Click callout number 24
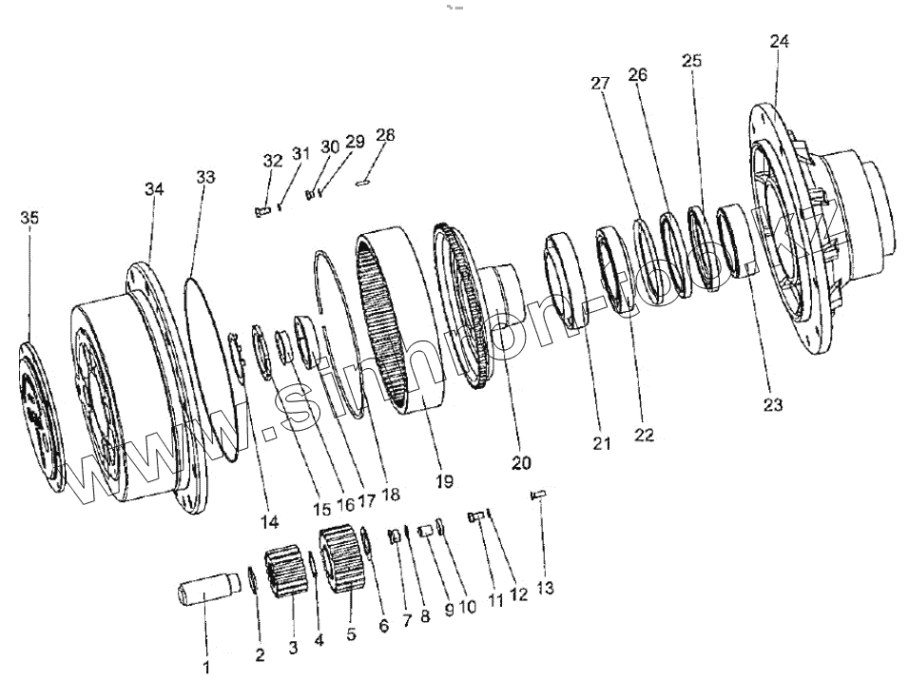click(x=780, y=42)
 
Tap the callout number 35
click(x=29, y=219)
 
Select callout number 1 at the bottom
click(x=206, y=668)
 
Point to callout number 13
click(x=544, y=589)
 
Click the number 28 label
click(x=384, y=136)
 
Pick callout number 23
click(x=772, y=405)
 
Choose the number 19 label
click(x=444, y=481)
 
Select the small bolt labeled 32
click(x=263, y=212)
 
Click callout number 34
click(x=154, y=190)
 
